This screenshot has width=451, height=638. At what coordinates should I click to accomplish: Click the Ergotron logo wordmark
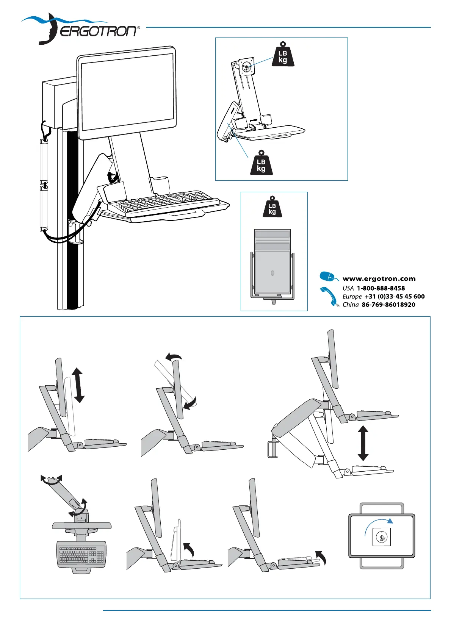(x=98, y=31)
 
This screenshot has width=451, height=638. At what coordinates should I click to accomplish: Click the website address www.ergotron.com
(x=379, y=279)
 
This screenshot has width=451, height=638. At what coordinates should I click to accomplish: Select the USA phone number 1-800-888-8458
(x=381, y=288)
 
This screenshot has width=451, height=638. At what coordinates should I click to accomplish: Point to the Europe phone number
(x=394, y=297)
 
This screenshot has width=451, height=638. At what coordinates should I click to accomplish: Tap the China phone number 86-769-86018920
(x=388, y=305)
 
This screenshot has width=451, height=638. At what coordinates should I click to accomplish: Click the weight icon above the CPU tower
(x=272, y=207)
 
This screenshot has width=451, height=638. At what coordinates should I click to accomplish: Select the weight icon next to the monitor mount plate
(x=283, y=55)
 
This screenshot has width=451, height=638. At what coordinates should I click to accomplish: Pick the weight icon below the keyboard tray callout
(x=261, y=164)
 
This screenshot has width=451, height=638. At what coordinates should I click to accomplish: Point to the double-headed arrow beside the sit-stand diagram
(x=363, y=443)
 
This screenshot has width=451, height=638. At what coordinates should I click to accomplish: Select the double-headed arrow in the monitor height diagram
(x=78, y=385)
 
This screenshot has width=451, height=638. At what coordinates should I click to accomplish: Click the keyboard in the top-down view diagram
(x=81, y=555)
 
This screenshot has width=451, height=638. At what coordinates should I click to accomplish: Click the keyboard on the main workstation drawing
(x=167, y=202)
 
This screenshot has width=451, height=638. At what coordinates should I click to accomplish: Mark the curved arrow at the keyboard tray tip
(x=321, y=557)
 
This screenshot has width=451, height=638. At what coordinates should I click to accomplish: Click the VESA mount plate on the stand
(x=247, y=67)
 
